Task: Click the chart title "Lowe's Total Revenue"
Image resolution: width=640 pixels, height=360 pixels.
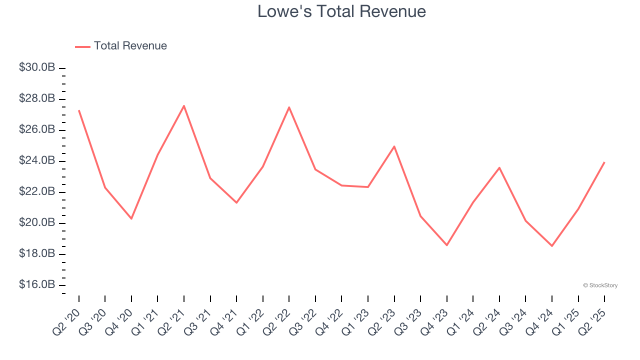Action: click(x=341, y=11)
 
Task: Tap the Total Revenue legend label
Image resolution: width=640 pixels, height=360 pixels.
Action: click(x=130, y=46)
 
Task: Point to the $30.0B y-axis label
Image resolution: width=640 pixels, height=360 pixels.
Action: click(x=37, y=67)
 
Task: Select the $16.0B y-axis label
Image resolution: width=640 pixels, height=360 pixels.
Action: click(x=37, y=284)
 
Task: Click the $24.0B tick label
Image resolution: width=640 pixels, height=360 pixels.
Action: click(x=37, y=160)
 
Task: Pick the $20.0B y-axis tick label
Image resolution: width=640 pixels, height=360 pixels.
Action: click(x=37, y=222)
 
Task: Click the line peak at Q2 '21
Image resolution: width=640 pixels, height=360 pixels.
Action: click(x=184, y=105)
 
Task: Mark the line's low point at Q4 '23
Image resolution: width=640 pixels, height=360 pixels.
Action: click(x=447, y=245)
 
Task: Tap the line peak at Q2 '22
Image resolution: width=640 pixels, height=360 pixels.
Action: click(x=289, y=107)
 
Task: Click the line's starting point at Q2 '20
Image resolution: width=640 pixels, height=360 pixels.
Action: click(x=79, y=110)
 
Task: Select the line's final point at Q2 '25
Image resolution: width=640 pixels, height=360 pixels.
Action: click(x=604, y=162)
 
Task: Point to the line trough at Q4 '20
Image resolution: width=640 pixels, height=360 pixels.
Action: click(x=131, y=218)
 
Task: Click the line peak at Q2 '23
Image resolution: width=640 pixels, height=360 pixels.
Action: click(x=394, y=146)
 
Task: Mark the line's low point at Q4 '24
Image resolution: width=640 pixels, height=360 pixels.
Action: click(x=552, y=246)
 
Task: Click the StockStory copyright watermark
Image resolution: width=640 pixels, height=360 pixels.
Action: click(x=600, y=285)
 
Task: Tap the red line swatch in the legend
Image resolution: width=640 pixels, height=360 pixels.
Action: click(x=82, y=46)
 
